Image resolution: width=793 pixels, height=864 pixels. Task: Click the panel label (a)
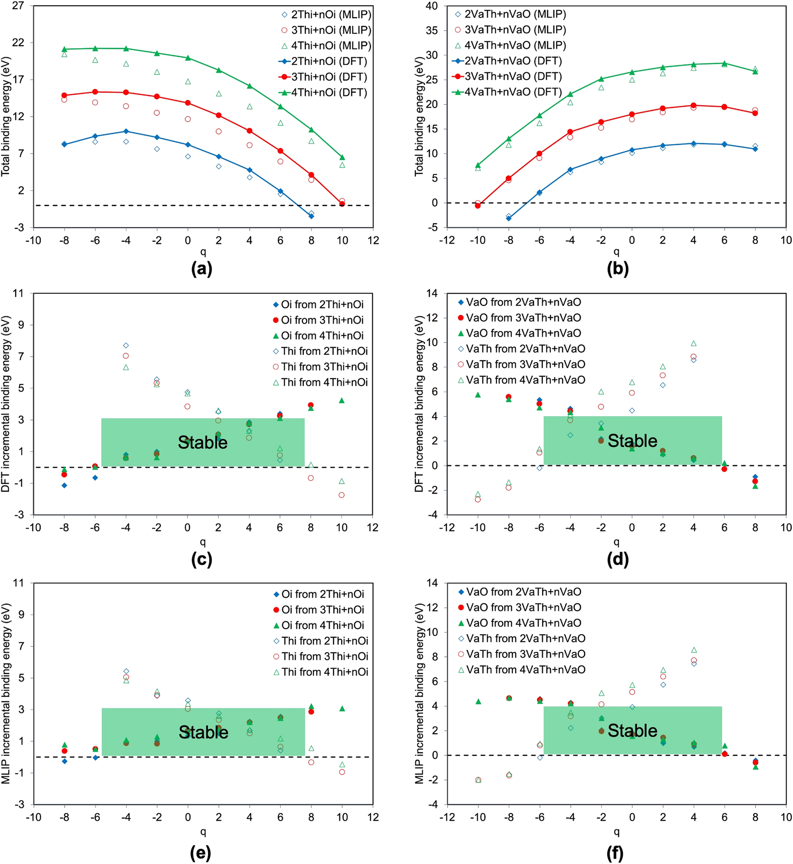pyautogui.click(x=202, y=268)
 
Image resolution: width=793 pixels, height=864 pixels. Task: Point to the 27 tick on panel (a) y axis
pyautogui.click(x=18, y=6)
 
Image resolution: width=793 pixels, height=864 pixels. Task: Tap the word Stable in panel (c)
pyautogui.click(x=203, y=442)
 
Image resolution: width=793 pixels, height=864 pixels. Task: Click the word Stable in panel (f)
pyautogui.click(x=632, y=731)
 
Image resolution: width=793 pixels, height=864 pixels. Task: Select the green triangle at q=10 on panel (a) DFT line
pyautogui.click(x=342, y=158)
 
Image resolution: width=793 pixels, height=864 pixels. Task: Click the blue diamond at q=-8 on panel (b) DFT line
pyautogui.click(x=509, y=218)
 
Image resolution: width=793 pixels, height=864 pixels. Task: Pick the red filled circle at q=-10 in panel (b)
pyautogui.click(x=478, y=206)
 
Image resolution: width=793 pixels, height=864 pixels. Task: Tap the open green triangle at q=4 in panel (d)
pyautogui.click(x=694, y=343)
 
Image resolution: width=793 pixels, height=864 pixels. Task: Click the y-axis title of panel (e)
pyautogui.click(x=6, y=693)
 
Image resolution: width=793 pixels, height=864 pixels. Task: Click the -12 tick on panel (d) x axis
pyautogui.click(x=447, y=528)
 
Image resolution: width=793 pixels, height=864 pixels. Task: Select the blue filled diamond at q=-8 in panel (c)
pyautogui.click(x=64, y=485)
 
